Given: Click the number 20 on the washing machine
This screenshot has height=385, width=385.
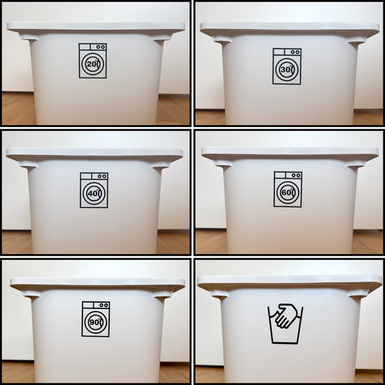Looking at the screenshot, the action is [91, 64].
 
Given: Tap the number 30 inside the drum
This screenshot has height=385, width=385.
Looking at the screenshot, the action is [285, 70].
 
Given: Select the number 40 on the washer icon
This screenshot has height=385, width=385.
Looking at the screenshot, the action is [92, 194].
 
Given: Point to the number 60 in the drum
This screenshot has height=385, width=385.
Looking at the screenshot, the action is [287, 192].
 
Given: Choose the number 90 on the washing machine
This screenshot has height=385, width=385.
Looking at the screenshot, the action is [95, 322].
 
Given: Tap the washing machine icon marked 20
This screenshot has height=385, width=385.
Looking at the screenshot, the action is [92, 61].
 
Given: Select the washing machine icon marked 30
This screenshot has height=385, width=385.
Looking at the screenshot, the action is [287, 66].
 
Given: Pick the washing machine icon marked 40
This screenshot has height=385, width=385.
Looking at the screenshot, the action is [94, 190].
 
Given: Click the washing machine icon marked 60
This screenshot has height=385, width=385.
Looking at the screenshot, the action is [288, 189].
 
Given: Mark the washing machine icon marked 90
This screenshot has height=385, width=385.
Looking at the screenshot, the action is [96, 319].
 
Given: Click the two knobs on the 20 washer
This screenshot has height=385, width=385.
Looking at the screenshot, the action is [100, 47].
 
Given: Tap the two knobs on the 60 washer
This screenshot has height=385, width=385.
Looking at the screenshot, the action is [295, 176].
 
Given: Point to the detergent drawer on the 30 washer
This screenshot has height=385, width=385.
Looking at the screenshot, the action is [279, 52].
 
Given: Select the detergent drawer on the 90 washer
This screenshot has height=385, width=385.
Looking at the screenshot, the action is [88, 305].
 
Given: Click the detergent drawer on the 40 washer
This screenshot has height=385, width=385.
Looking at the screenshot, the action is [87, 176].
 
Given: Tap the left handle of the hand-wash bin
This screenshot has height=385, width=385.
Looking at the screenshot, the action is [220, 293].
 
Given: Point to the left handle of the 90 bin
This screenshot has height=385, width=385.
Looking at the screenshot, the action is [31, 293].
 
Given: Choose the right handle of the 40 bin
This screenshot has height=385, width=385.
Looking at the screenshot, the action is [160, 164].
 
